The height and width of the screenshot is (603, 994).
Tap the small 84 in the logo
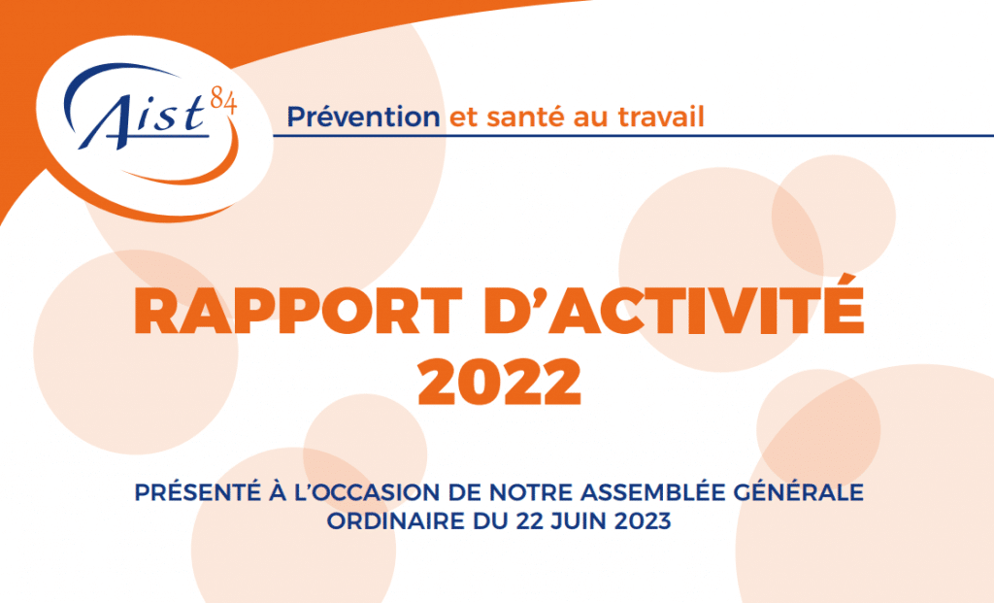pos(224,101)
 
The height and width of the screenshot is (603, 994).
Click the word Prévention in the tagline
pos(363,117)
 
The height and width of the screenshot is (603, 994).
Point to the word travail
pos(661,117)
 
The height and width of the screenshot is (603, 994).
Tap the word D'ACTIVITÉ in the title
pos(674,308)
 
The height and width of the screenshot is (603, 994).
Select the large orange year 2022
pos(500,382)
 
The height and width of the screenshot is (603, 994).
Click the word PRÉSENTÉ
pos(198,492)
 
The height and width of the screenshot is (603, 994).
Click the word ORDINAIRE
pos(396,521)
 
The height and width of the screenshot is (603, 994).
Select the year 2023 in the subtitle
pos(643,521)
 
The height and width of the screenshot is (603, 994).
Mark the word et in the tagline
pos(463,117)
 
